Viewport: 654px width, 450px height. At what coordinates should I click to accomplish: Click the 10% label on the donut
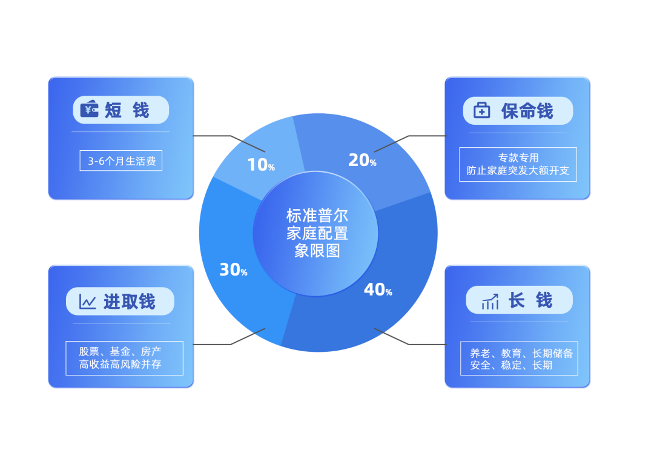[261, 164]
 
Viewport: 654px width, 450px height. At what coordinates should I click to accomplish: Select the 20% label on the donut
[362, 160]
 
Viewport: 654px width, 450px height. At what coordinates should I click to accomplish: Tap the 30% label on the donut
[233, 270]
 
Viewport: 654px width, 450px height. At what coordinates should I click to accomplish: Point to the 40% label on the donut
[378, 290]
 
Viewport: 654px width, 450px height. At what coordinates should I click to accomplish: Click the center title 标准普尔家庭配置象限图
[317, 233]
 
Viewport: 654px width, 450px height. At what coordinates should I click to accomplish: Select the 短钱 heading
[127, 110]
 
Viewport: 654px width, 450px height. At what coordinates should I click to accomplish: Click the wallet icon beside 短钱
[90, 109]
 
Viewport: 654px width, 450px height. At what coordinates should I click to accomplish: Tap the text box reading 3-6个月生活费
[121, 161]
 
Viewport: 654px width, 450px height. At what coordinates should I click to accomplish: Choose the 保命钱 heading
[527, 111]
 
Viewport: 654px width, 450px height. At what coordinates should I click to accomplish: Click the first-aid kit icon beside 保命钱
[481, 110]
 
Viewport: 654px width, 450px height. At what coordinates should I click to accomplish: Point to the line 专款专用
[518, 158]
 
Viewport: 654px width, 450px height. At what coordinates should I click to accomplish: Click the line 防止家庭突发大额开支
[518, 171]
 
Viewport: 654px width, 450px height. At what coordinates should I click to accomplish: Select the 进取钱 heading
[130, 301]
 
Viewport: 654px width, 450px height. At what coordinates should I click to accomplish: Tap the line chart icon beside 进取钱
[88, 301]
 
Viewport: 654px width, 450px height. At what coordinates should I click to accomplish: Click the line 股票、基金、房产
[121, 351]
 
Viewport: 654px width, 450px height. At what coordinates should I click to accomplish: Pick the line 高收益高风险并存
[121, 364]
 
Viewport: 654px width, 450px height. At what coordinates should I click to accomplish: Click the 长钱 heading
[530, 300]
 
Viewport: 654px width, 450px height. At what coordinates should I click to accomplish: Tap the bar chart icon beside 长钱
[490, 300]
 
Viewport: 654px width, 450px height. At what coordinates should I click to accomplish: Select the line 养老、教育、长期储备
[521, 352]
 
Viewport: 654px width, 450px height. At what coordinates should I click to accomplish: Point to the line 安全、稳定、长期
[511, 365]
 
